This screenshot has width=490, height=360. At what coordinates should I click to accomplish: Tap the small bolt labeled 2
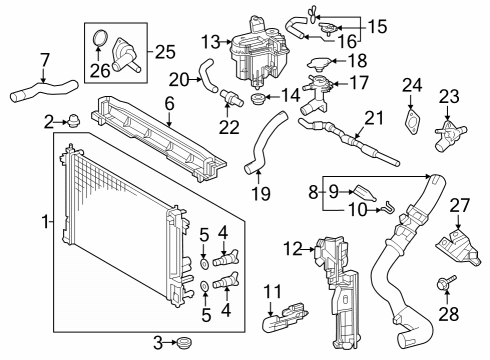coord(74,123)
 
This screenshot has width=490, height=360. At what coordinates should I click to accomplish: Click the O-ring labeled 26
coord(99,40)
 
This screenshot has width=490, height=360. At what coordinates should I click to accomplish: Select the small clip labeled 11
coord(279,323)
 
